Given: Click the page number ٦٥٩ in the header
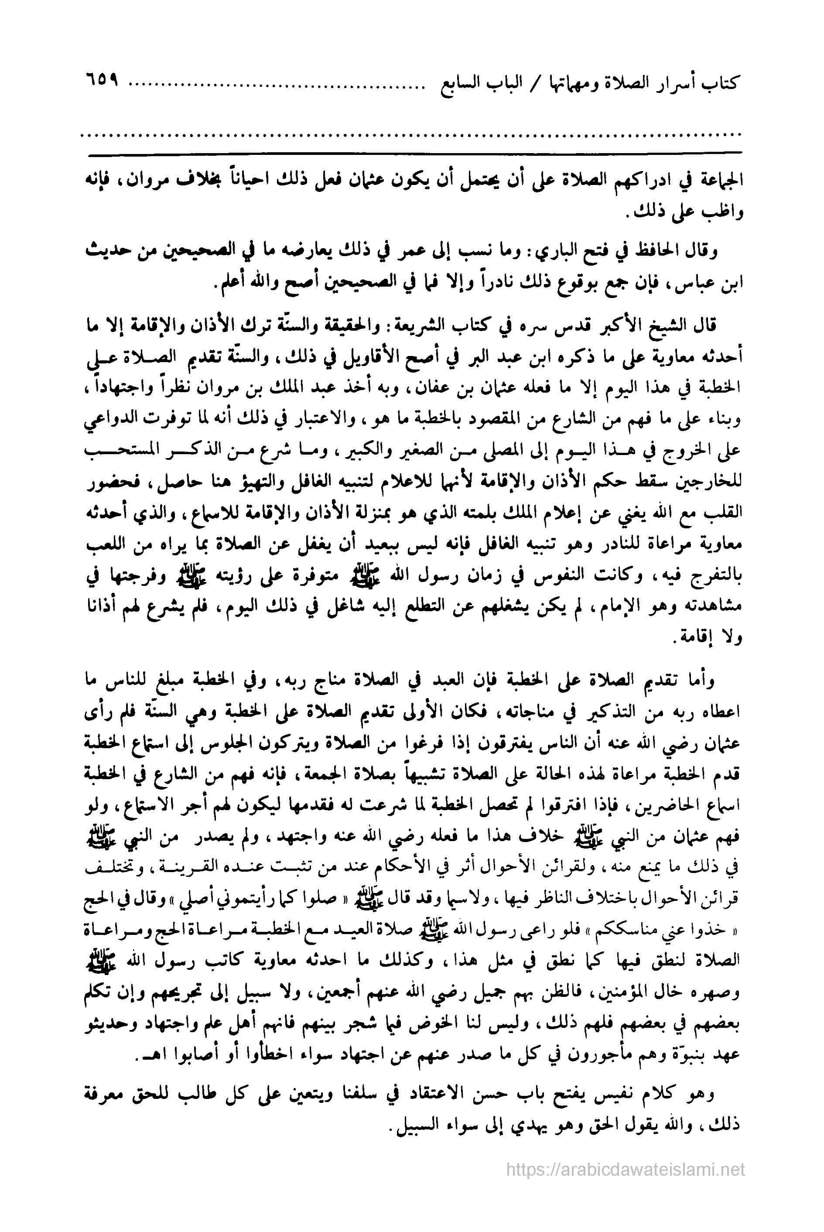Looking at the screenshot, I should click(x=100, y=84).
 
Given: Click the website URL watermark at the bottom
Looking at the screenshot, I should click(x=626, y=1168).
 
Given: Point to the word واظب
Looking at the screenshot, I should click(x=724, y=212).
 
